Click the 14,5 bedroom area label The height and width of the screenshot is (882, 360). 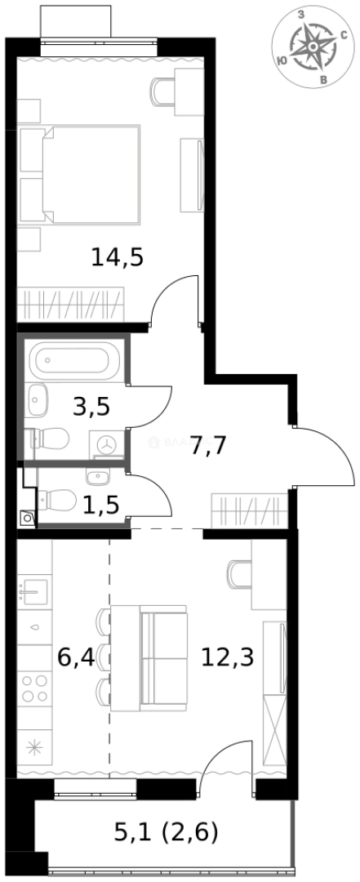(118, 258)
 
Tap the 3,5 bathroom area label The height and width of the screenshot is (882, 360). (91, 406)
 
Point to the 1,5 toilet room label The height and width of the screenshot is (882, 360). (100, 504)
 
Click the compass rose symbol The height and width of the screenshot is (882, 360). (312, 46)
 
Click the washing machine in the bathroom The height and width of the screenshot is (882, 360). (106, 443)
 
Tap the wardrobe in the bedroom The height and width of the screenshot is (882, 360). (71, 305)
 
